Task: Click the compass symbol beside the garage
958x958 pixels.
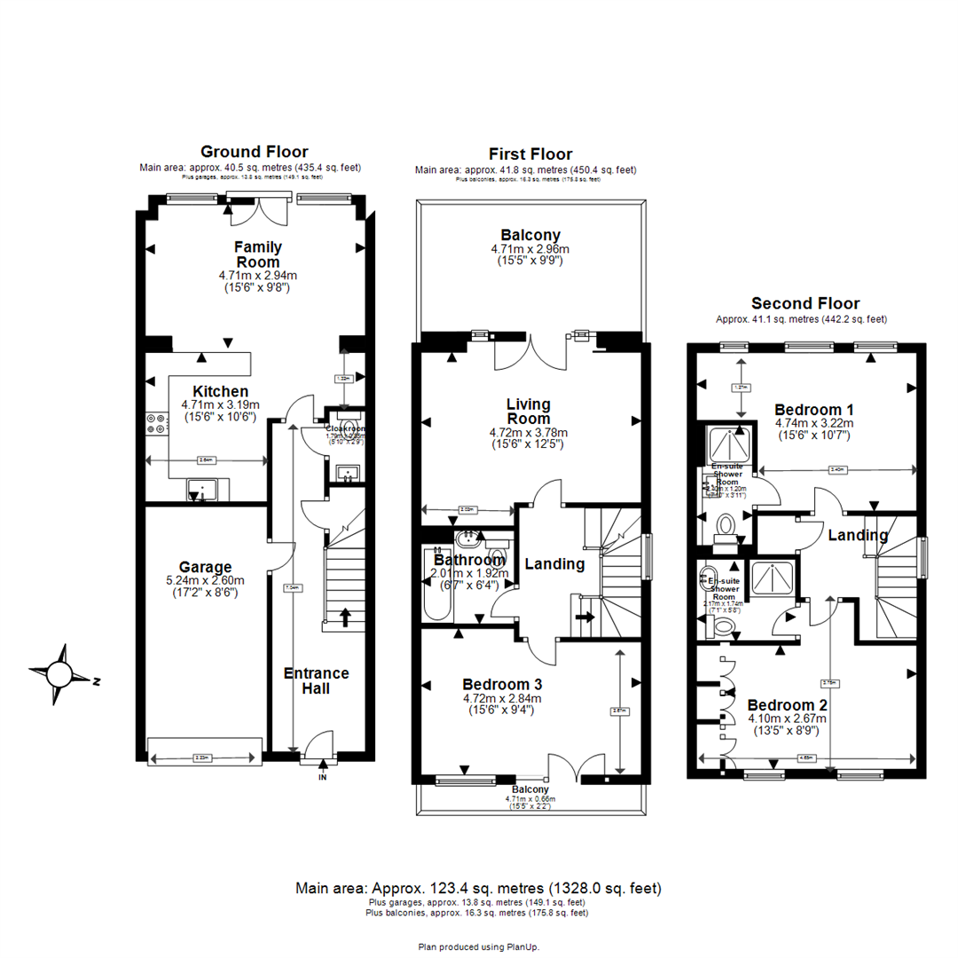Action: pyautogui.click(x=60, y=675)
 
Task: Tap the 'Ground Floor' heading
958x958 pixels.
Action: pyautogui.click(x=255, y=152)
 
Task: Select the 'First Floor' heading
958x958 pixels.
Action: pyautogui.click(x=530, y=154)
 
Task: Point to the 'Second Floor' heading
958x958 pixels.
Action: pyautogui.click(x=805, y=303)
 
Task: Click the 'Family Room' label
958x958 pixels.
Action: pyautogui.click(x=256, y=255)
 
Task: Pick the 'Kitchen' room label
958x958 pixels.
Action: pyautogui.click(x=208, y=391)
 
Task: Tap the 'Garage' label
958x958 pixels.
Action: pyautogui.click(x=205, y=567)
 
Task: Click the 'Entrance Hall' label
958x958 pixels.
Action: pyautogui.click(x=316, y=680)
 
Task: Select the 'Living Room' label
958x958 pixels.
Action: pyautogui.click(x=529, y=412)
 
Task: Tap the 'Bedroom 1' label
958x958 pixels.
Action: pyautogui.click(x=813, y=410)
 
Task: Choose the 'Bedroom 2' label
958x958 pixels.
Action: pyautogui.click(x=788, y=705)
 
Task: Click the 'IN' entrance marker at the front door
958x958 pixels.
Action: pyautogui.click(x=322, y=777)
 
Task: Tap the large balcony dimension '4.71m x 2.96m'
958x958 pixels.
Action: pyautogui.click(x=530, y=249)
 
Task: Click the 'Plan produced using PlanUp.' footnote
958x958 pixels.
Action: pyautogui.click(x=479, y=946)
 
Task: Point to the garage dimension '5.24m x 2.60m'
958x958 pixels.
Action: pyautogui.click(x=205, y=581)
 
